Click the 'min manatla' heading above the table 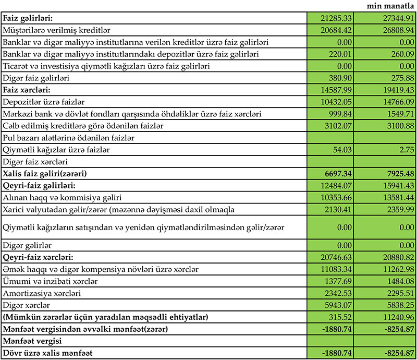pyautogui.click(x=390, y=6)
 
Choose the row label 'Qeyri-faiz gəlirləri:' pyautogui.click(x=34, y=185)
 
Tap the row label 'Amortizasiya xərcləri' pyautogui.click(x=41, y=293)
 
